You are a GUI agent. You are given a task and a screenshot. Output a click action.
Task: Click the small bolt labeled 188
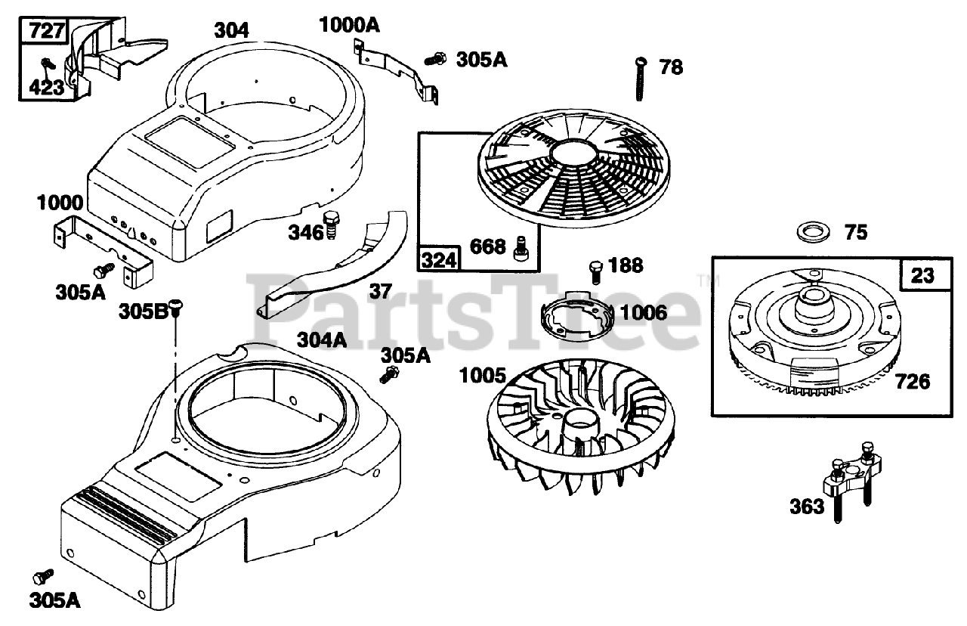596,269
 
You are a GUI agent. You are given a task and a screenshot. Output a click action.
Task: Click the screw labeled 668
520,249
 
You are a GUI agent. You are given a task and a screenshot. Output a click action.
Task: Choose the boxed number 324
439,260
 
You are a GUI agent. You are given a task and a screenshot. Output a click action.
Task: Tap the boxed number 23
922,275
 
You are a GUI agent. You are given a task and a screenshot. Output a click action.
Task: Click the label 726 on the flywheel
913,381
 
